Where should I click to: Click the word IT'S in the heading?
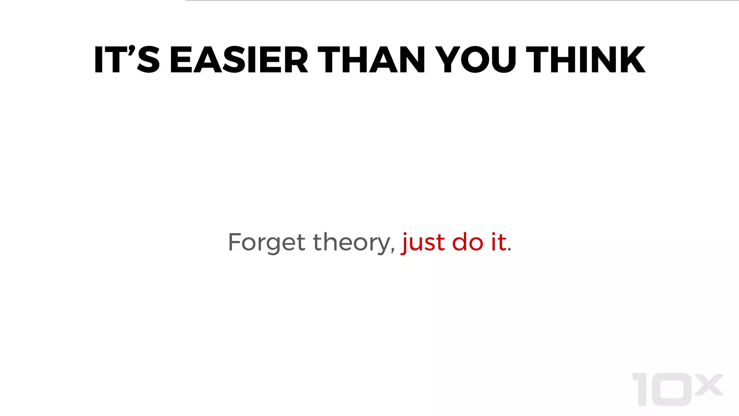[x=127, y=60]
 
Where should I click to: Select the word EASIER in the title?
[x=239, y=60]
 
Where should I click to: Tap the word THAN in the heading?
[x=371, y=60]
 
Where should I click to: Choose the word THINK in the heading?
[x=585, y=60]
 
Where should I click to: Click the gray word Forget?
[x=267, y=242]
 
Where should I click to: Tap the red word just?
[x=423, y=242]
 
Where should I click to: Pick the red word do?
[x=467, y=242]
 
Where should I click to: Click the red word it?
[x=499, y=242]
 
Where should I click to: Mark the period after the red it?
[x=510, y=249]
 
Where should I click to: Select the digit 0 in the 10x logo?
[x=672, y=389]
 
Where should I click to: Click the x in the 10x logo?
[x=709, y=385]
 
